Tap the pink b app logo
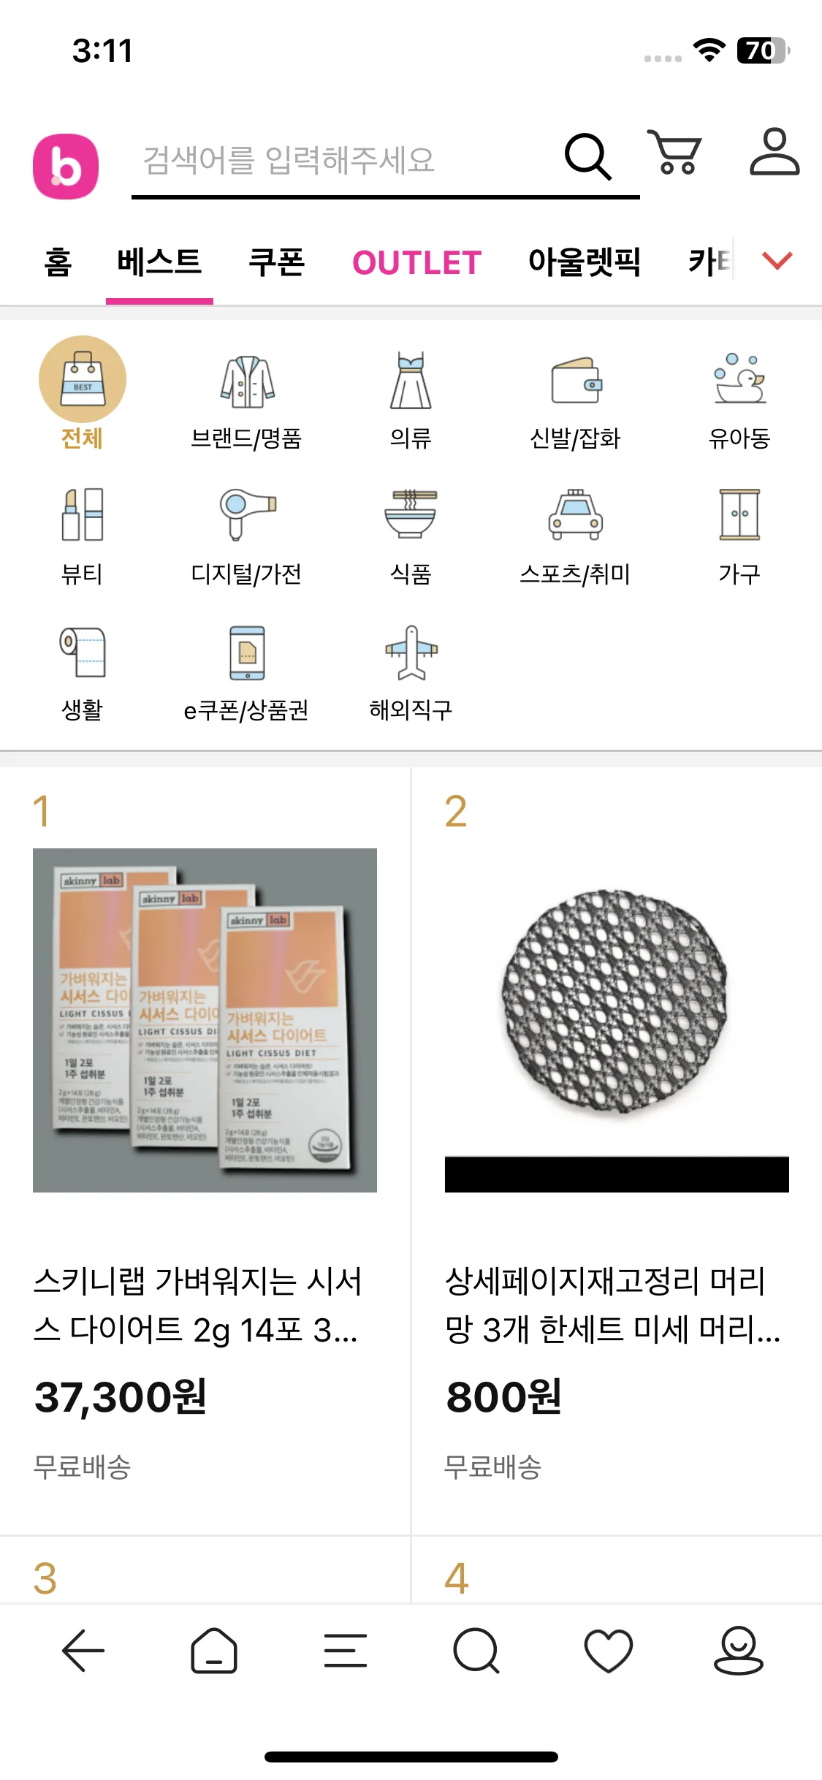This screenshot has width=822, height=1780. [66, 167]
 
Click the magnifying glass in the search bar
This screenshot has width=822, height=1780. [587, 156]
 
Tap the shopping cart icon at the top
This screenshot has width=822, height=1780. [675, 153]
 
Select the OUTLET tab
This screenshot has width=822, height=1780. [416, 262]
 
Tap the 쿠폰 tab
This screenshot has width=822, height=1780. [276, 262]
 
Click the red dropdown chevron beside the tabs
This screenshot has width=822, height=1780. [777, 260]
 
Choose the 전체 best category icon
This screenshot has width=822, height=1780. [83, 379]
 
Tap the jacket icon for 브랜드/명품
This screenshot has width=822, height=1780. [247, 381]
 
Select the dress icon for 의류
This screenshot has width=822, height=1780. [411, 381]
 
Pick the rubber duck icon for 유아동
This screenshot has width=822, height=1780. [739, 379]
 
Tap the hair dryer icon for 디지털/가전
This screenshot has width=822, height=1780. [247, 513]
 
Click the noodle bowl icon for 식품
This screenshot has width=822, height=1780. [411, 513]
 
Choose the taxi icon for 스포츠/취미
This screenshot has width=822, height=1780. [576, 514]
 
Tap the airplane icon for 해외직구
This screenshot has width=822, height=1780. [411, 651]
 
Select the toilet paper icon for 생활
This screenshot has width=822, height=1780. [83, 651]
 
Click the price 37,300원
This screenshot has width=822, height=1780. [121, 1397]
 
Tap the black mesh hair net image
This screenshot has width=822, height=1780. [616, 1001]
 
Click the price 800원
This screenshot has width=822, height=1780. [504, 1397]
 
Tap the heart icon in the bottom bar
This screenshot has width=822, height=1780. [608, 1651]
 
